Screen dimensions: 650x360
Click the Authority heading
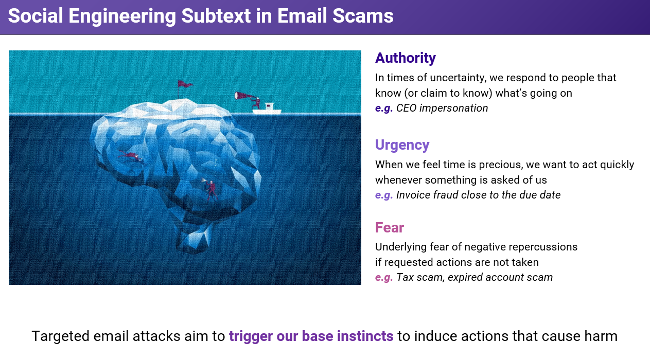pyautogui.click(x=405, y=58)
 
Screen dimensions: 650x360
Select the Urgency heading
pyautogui.click(x=402, y=145)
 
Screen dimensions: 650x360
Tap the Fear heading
pyautogui.click(x=389, y=227)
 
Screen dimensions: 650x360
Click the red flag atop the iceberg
pyautogui.click(x=185, y=84)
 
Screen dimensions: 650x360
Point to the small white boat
pyautogui.click(x=267, y=110)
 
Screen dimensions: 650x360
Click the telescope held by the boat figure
pyautogui.click(x=244, y=96)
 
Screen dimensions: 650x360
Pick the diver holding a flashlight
pyautogui.click(x=210, y=190)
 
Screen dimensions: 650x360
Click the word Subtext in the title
pyautogui.click(x=216, y=15)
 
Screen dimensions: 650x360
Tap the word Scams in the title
pyautogui.click(x=363, y=15)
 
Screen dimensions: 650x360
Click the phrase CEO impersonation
pyautogui.click(x=442, y=108)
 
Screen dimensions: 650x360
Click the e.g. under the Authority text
pyautogui.click(x=384, y=109)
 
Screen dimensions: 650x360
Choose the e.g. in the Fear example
pyautogui.click(x=384, y=278)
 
